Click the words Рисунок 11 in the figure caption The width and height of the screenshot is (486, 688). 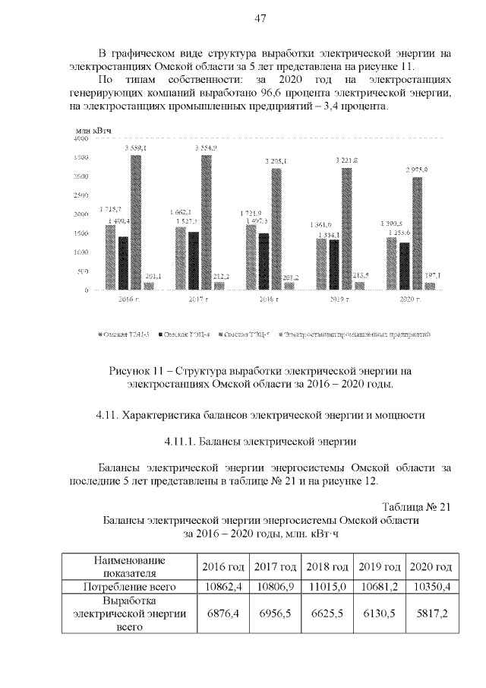point(137,371)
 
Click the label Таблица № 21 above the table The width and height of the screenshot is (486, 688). point(417,508)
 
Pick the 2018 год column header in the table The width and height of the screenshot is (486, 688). point(327,567)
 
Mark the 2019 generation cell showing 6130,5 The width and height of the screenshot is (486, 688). point(379,614)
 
